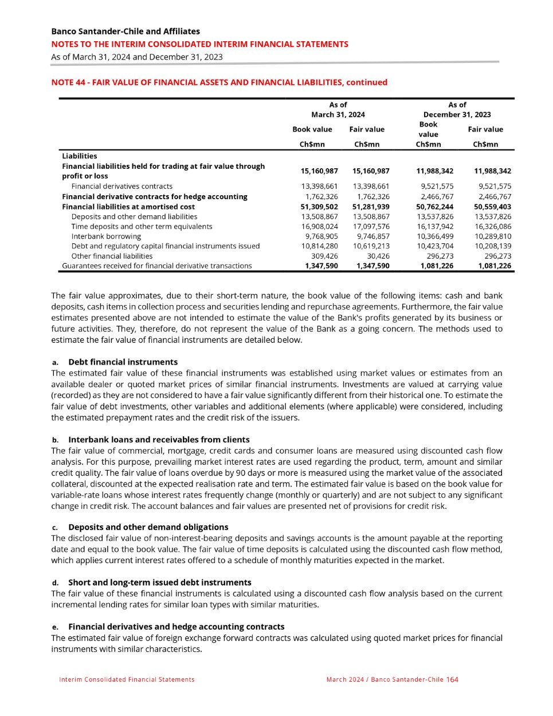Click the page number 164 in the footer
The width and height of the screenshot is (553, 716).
[452, 679]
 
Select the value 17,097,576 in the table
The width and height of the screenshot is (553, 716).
[371, 227]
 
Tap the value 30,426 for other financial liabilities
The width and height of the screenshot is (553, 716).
[378, 256]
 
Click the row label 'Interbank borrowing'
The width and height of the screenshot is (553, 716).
[106, 236]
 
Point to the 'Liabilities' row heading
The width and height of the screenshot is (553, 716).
[80, 156]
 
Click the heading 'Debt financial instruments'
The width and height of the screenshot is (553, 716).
[123, 362]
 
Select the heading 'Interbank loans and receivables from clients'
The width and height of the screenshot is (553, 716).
[159, 440]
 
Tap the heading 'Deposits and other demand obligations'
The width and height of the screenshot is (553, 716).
[148, 527]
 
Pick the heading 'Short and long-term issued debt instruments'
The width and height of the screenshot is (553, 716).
[159, 583]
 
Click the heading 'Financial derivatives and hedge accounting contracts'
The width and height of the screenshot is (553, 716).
[176, 627]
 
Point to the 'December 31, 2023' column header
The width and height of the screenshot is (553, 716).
[457, 114]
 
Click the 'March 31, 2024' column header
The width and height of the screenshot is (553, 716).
[338, 114]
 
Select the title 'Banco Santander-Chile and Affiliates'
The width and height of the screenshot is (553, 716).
[125, 31]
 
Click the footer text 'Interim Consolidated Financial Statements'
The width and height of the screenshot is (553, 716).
[127, 679]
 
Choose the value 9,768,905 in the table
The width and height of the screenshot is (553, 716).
[321, 236]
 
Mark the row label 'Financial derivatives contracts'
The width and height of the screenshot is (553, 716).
[121, 187]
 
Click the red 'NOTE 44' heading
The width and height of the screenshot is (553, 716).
[219, 82]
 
